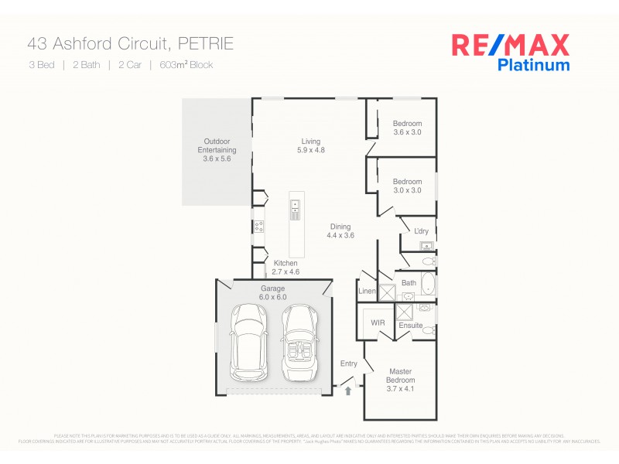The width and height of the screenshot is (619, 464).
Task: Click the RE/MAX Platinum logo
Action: [510, 52]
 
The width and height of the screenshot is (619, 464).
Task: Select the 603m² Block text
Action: [186, 65]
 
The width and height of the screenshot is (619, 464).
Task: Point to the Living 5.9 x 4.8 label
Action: [311, 145]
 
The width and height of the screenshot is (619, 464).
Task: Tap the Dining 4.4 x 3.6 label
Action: [340, 231]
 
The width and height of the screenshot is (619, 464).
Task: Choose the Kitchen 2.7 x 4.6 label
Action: [285, 268]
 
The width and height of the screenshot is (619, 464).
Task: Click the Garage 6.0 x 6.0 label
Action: [272, 292]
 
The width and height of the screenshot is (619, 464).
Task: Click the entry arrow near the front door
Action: [347, 391]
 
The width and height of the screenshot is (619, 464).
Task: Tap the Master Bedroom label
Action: [401, 380]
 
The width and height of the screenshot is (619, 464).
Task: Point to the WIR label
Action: [378, 322]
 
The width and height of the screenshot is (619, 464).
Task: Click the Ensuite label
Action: [411, 326]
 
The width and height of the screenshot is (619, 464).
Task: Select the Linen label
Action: [367, 291]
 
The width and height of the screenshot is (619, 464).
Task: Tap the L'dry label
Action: [421, 231]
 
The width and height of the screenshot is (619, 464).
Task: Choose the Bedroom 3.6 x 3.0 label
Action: [407, 128]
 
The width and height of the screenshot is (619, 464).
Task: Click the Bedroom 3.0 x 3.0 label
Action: [407, 186]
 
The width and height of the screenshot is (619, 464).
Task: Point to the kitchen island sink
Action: [296, 206]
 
